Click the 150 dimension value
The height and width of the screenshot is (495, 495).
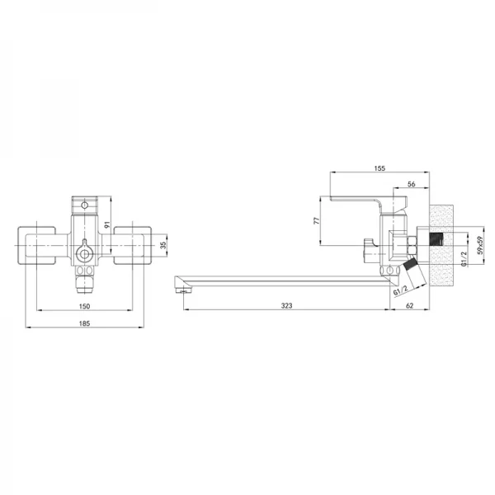coord(84,306)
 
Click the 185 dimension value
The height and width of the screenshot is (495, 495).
coord(84,323)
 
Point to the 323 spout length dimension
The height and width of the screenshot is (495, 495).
coord(286,305)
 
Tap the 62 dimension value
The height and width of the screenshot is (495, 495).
coord(409,305)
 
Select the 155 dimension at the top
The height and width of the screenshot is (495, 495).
coord(379,168)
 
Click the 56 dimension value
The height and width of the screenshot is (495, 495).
coord(412,184)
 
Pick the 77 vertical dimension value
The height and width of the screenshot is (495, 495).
coord(317,220)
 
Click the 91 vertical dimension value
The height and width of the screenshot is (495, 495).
coord(106,224)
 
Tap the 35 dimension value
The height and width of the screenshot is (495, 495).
coord(163,245)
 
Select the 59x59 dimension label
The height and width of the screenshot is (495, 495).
coord(480,245)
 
